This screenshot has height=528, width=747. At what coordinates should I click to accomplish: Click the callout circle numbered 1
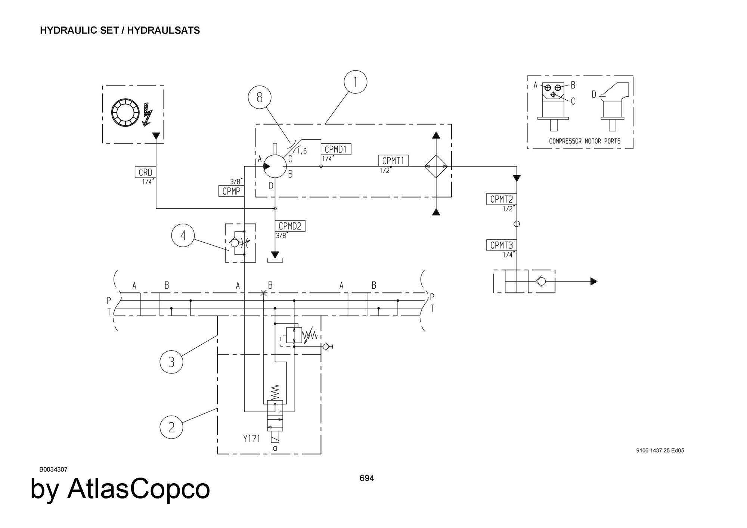coord(355,82)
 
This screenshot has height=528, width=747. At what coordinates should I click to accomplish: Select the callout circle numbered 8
coord(260,97)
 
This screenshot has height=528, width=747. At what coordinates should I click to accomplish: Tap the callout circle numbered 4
coord(183,236)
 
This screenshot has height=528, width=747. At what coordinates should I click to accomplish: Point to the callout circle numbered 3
coord(171,362)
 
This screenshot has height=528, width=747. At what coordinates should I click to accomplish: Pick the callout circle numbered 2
coord(171,427)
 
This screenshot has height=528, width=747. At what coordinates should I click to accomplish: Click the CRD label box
coord(145,173)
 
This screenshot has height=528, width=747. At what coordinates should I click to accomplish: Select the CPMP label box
coord(231,191)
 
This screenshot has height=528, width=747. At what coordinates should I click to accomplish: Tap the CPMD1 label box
coord(336,149)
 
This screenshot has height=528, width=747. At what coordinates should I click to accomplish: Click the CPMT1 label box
coord(393,161)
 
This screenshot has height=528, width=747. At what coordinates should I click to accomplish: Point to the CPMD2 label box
coord(290,226)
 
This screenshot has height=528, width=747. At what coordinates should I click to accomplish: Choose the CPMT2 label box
coord(501,199)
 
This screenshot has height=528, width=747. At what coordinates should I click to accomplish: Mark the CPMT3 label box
coord(501,245)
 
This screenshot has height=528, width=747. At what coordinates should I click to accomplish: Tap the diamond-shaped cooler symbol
coord(436,167)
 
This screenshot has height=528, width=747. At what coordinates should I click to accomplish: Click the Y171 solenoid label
coord(252,438)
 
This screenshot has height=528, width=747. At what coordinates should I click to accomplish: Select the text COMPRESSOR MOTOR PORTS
coord(585,141)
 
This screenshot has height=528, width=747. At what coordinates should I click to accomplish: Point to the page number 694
coord(367,478)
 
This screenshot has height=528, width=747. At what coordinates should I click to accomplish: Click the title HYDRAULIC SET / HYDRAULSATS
coord(120,30)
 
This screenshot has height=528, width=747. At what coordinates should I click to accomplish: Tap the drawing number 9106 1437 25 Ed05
coord(660,450)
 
